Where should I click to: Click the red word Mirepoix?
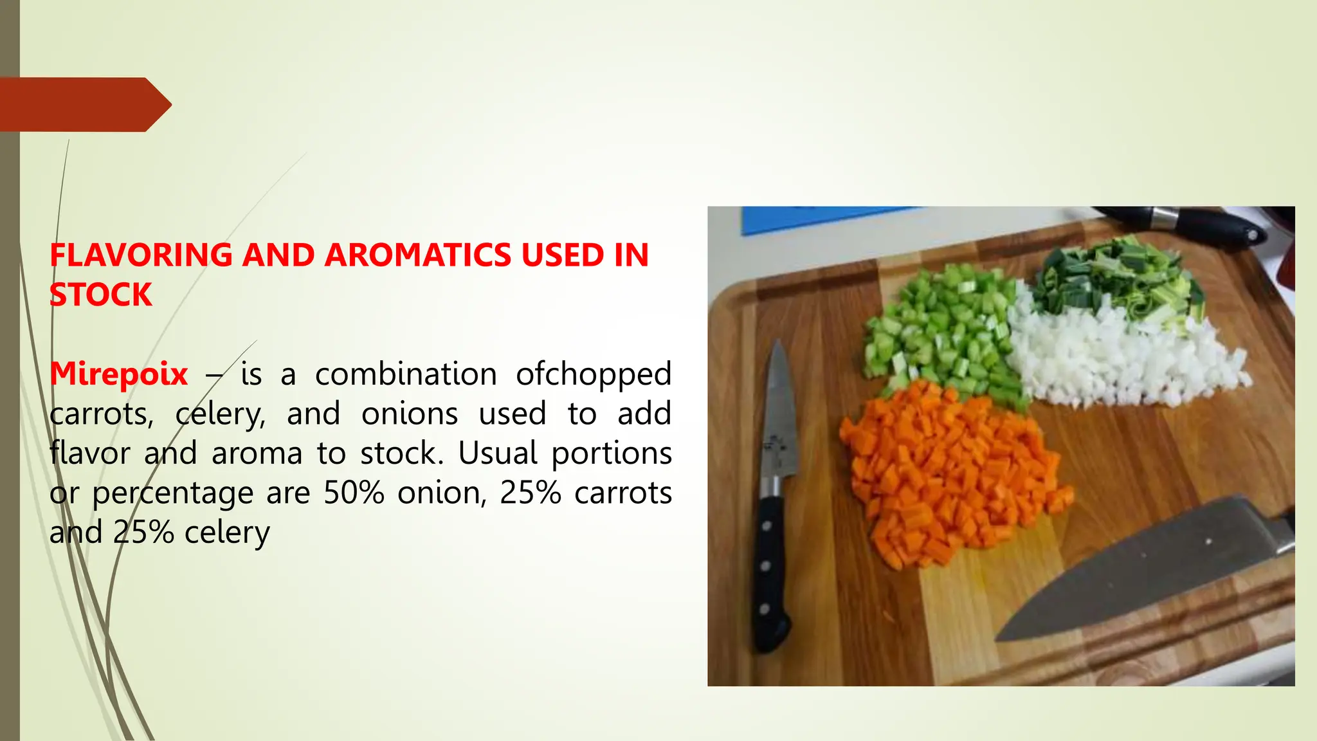[119, 374]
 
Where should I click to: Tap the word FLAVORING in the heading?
[141, 255]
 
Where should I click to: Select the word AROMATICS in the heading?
[422, 255]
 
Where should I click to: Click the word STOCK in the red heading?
[101, 295]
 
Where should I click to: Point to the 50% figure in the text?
[354, 493]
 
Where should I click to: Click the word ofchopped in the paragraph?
[593, 374]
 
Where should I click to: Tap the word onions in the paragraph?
[410, 414]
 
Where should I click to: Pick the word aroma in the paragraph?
[257, 453]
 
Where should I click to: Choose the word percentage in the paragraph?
[173, 494]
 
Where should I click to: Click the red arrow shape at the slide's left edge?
[84, 104]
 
